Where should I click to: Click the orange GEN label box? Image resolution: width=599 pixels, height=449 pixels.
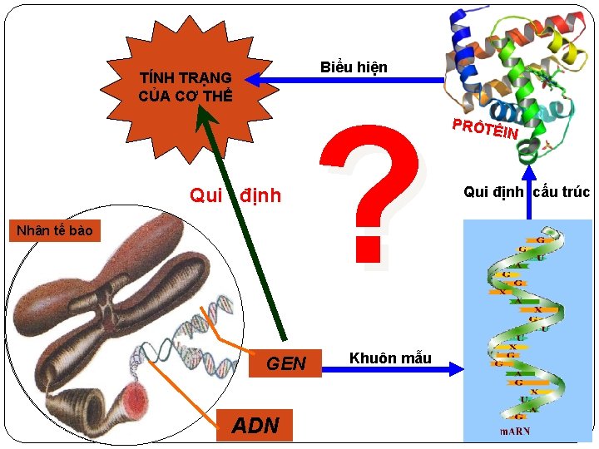tap(286, 363)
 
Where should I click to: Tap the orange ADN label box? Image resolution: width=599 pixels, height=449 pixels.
tap(255, 425)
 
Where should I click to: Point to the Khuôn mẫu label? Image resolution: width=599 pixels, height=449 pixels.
tap(390, 358)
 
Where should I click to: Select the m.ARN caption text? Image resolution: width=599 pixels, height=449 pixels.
tap(515, 431)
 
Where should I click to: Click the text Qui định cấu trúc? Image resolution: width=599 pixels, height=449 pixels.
tap(526, 192)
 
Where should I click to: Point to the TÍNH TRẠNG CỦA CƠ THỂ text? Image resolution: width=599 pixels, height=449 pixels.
tap(186, 86)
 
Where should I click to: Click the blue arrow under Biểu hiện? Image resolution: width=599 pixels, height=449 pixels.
tap(349, 81)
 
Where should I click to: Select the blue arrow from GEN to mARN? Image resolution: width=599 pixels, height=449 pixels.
tap(391, 367)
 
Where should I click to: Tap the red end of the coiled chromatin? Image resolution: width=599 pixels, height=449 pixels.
tap(135, 398)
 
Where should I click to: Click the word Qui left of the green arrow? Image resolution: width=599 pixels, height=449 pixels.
tap(206, 196)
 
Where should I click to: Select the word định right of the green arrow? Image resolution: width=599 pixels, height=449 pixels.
tap(260, 196)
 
